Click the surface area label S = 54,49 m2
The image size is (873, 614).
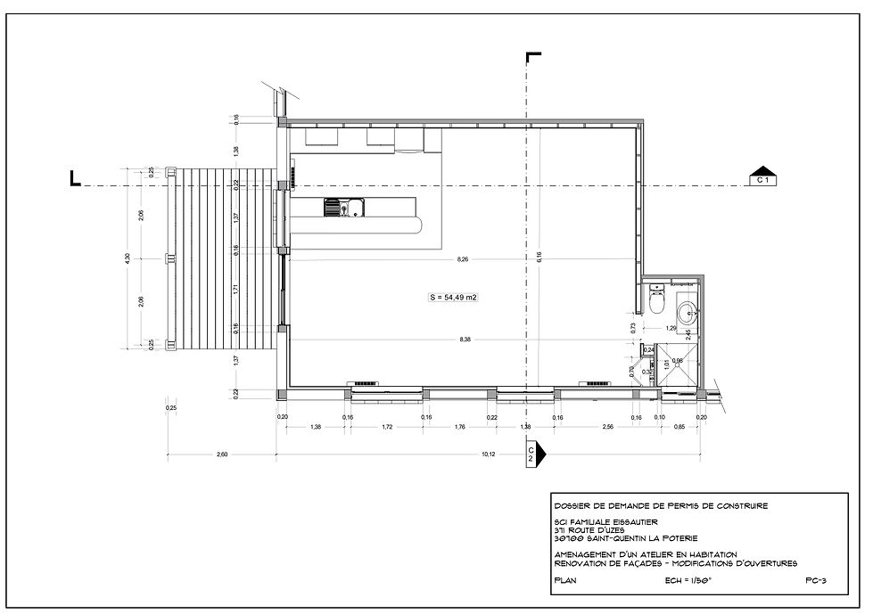pos(455,298)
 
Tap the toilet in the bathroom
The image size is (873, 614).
pos(657,301)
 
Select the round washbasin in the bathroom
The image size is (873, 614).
pos(688,313)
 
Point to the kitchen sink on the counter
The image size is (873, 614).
pos(342,209)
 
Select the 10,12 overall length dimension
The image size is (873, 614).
pos(489,454)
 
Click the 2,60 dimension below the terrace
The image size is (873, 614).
pos(222,454)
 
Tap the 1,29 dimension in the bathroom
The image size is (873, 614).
pos(671,328)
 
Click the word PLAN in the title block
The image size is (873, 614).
pos(566,578)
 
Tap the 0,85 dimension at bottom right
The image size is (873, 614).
pos(680,429)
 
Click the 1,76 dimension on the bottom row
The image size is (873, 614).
pos(460,429)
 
